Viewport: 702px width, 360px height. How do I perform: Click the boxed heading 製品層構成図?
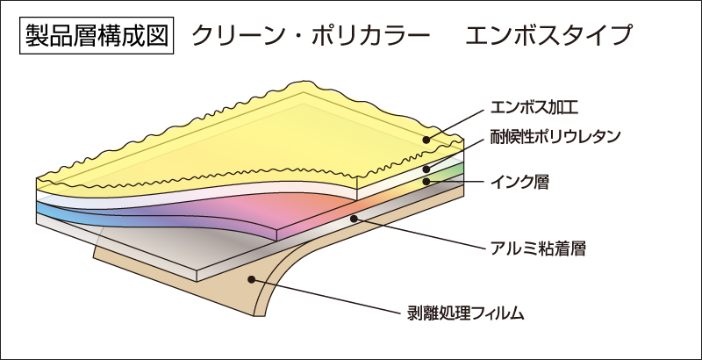(97, 35)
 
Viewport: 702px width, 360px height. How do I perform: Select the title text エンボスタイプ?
(548, 36)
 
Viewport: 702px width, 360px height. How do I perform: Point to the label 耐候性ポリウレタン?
(555, 136)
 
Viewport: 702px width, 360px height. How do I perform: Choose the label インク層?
(519, 182)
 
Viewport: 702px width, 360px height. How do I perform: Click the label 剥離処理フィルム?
(465, 313)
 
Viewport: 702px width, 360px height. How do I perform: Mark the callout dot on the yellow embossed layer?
(426, 140)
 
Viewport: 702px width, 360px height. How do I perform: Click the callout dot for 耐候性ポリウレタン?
(426, 169)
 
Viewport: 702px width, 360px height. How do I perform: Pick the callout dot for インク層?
(426, 182)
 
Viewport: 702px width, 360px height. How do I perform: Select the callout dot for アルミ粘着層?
(354, 219)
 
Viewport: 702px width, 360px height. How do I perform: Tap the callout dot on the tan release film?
(251, 279)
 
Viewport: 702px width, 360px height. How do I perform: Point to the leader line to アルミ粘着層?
(419, 233)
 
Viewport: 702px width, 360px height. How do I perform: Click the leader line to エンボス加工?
(455, 124)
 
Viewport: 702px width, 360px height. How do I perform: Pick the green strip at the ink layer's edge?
(450, 171)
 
